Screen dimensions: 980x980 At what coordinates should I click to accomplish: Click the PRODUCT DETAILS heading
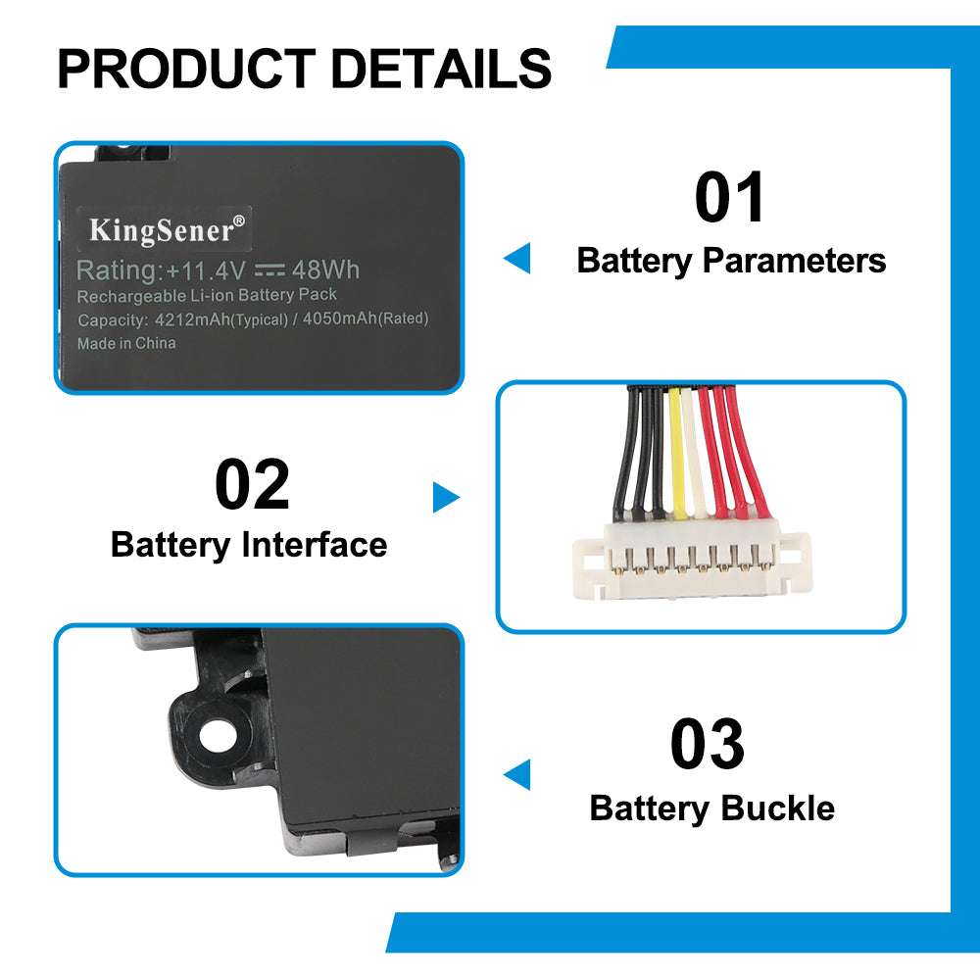coord(304,69)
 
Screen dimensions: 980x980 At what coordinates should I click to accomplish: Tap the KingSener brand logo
coord(163,229)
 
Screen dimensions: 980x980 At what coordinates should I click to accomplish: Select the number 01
coord(730,198)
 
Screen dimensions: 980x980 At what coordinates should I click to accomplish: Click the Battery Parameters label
coord(731,261)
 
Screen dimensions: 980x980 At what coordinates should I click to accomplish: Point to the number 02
coord(253,485)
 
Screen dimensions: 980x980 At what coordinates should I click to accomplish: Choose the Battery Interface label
coord(249,545)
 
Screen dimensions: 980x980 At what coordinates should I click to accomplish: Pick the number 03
coord(708,745)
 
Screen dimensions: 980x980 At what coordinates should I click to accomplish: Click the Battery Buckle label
coord(712,808)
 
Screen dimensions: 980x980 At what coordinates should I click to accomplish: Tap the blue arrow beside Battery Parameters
coord(517,260)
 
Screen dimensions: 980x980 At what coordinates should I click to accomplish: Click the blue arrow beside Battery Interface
coord(446,498)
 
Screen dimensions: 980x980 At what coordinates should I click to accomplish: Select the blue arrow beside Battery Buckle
coord(517,774)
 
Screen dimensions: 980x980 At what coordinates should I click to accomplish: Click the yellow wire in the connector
coord(676,451)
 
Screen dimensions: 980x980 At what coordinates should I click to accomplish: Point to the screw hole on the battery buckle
coord(211,734)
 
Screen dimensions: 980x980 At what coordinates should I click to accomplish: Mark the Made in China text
coord(126,343)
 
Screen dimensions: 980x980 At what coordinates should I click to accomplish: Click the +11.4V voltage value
coord(205,269)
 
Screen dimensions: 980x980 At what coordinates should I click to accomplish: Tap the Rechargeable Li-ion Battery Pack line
coord(207,295)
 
